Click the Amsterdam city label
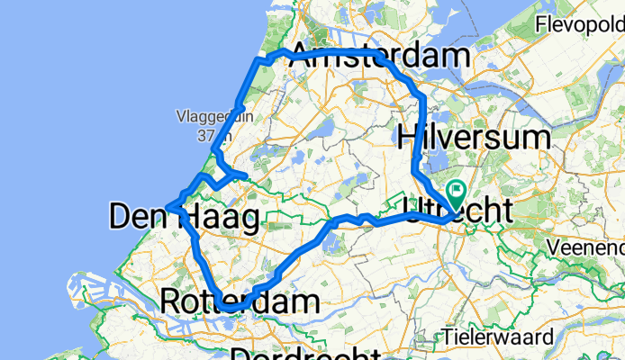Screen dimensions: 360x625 (x=378, y=56)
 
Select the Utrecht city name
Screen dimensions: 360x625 (x=458, y=211)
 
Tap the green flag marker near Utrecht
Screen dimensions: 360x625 (x=456, y=191)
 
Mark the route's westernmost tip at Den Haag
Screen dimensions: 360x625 (x=168, y=209)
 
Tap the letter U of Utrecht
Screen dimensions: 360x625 (x=416, y=211)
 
